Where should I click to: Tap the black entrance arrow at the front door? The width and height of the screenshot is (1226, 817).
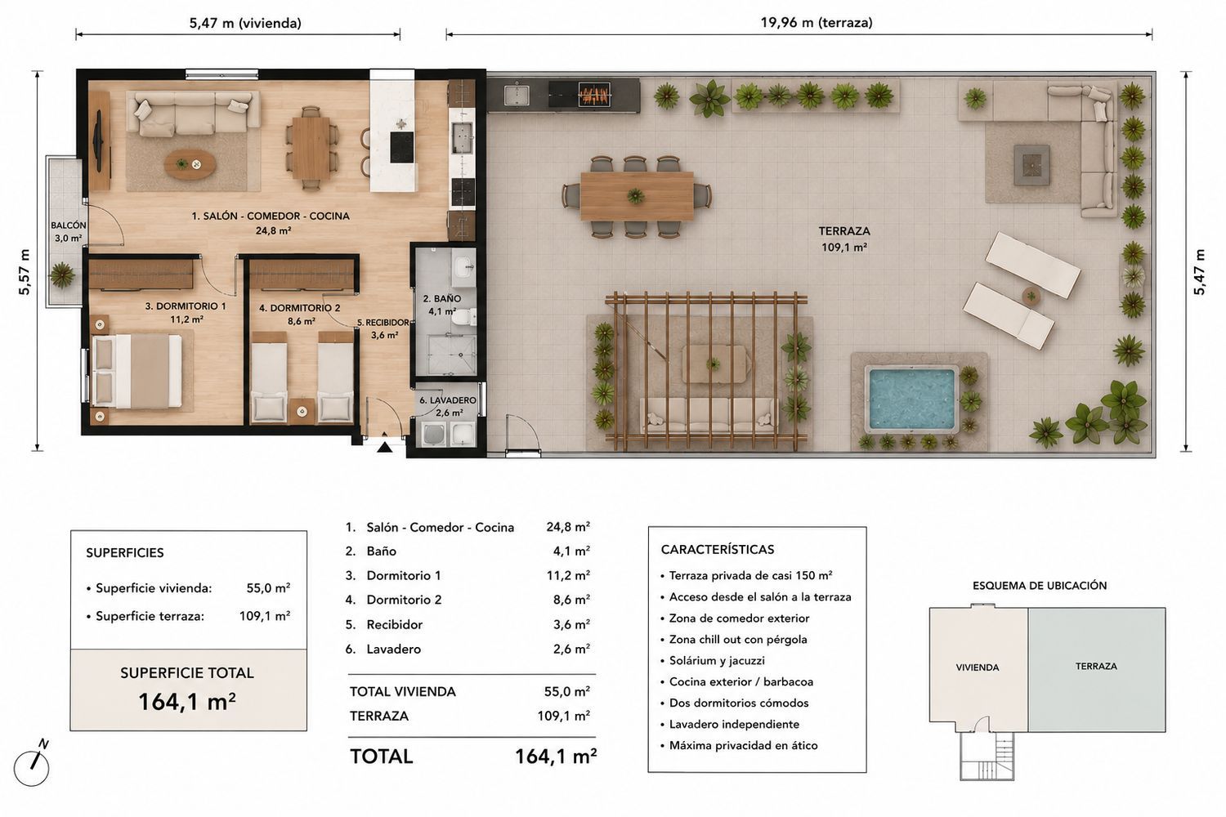pyautogui.click(x=385, y=447)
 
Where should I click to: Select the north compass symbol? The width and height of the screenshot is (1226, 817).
pyautogui.click(x=33, y=765)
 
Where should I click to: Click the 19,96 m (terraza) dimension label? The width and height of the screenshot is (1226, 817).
pyautogui.click(x=816, y=22)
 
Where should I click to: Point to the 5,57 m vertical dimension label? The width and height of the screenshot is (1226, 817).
pyautogui.click(x=24, y=272)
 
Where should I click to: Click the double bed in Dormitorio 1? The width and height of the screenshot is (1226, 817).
pyautogui.click(x=137, y=371)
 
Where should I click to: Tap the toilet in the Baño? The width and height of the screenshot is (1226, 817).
pyautogui.click(x=465, y=316)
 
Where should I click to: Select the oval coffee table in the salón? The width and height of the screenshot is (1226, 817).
pyautogui.click(x=190, y=164)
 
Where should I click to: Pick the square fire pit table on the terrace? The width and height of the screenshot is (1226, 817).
pyautogui.click(x=1031, y=165)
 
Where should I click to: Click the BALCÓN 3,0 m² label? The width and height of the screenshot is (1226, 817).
pyautogui.click(x=69, y=231)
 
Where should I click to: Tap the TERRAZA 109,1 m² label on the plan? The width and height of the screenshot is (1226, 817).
pyautogui.click(x=844, y=239)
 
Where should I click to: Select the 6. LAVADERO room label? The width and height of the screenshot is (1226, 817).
pyautogui.click(x=448, y=400)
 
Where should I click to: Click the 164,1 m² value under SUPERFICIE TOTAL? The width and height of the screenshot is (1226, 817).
pyautogui.click(x=187, y=702)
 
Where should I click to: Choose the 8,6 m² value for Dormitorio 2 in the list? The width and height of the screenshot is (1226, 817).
pyautogui.click(x=571, y=600)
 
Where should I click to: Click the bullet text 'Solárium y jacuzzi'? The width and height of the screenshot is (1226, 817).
pyautogui.click(x=717, y=660)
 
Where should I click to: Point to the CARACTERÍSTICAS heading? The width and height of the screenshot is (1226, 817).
pyautogui.click(x=718, y=549)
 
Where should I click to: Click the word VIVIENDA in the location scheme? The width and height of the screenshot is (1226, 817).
pyautogui.click(x=978, y=667)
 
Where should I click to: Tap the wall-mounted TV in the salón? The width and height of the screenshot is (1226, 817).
pyautogui.click(x=99, y=141)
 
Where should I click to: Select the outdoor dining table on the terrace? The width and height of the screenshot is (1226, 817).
pyautogui.click(x=637, y=196)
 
